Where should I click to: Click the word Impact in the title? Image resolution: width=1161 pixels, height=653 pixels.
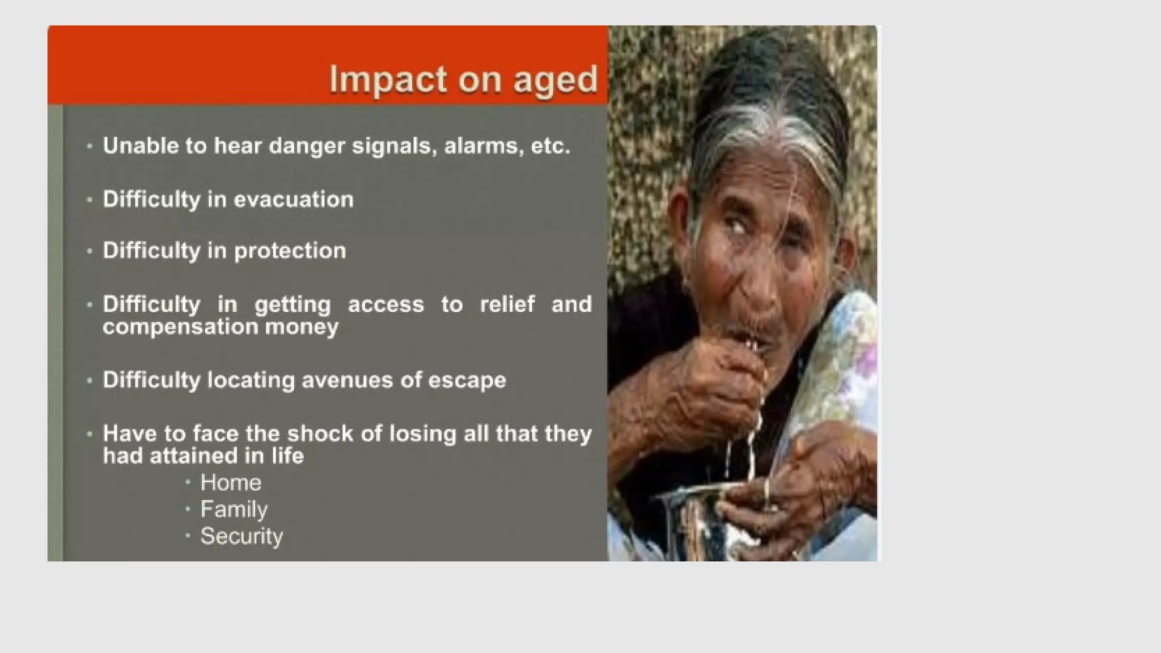pyautogui.click(x=387, y=79)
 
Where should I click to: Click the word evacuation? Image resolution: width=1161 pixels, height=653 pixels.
pyautogui.click(x=293, y=200)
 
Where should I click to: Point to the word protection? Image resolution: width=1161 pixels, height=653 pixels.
pyautogui.click(x=290, y=251)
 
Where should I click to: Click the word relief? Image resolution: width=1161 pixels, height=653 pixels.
pyautogui.click(x=507, y=304)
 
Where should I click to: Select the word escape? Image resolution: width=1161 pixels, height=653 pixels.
pyautogui.click(x=467, y=380)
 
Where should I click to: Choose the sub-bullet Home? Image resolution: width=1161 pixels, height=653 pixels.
pyautogui.click(x=231, y=483)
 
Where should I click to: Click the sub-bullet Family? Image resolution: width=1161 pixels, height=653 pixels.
pyautogui.click(x=234, y=509)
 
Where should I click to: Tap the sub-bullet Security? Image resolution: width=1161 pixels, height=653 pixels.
pyautogui.click(x=241, y=536)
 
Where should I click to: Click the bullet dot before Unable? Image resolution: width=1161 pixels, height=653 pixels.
pyautogui.click(x=90, y=146)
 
